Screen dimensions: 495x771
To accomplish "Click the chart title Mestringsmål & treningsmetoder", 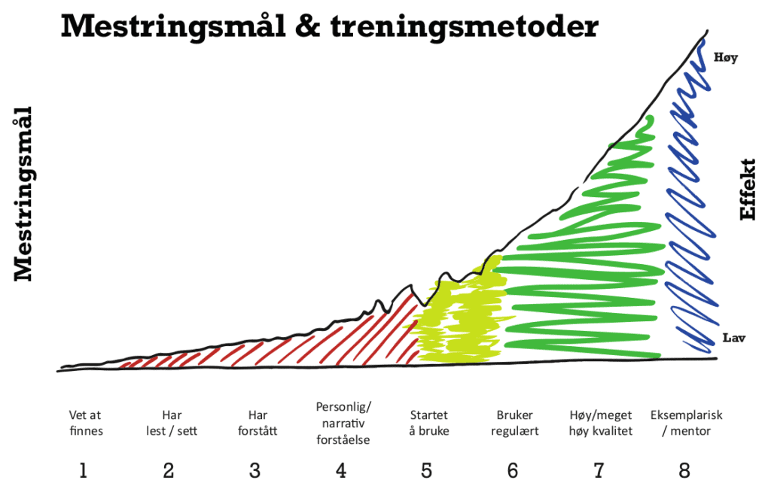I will click(329, 26).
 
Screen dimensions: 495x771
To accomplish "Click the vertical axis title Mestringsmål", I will click(25, 194).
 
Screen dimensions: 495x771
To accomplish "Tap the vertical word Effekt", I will click(748, 189).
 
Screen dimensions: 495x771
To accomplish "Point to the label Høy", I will click(726, 56).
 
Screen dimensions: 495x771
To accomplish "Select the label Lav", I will click(733, 338).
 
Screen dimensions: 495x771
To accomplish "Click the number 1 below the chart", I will click(84, 472).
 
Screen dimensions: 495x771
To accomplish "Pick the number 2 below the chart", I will click(169, 472).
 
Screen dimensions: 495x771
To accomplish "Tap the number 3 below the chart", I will click(255, 472).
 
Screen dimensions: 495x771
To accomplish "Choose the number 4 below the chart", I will click(341, 472).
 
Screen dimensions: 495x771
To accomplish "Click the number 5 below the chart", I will click(427, 472).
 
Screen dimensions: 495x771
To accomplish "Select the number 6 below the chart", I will click(513, 472).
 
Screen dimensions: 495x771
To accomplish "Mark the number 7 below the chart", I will click(599, 472).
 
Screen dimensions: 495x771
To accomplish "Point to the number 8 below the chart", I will click(684, 472).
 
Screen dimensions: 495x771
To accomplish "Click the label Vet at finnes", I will click(85, 423).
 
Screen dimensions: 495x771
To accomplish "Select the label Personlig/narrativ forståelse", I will click(343, 423).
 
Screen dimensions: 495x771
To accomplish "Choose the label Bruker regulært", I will click(515, 423).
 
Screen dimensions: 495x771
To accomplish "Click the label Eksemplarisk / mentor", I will click(684, 423).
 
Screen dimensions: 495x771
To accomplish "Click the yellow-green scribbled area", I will click(456, 320).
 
